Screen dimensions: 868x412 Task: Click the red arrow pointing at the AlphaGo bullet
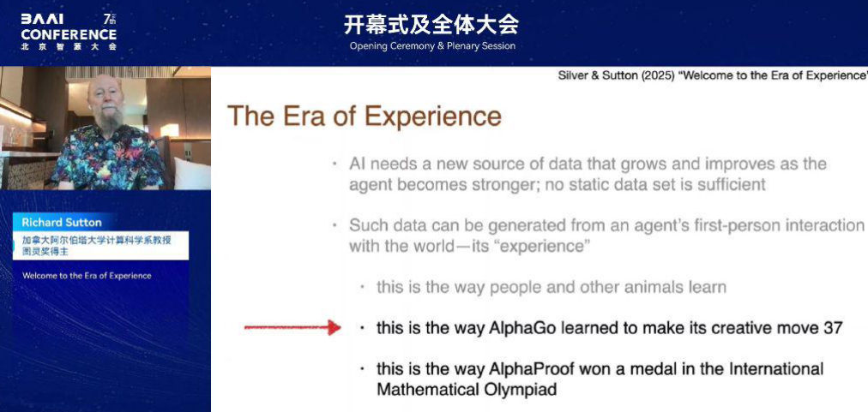pyautogui.click(x=292, y=327)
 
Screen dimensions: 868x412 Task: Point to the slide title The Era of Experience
pyautogui.click(x=365, y=116)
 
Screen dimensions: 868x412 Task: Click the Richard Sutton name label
pyautogui.click(x=62, y=223)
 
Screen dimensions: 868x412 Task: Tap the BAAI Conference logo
pyautogui.click(x=69, y=32)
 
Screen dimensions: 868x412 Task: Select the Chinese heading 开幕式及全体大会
pyautogui.click(x=431, y=24)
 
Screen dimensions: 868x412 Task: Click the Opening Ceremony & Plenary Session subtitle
pyautogui.click(x=432, y=46)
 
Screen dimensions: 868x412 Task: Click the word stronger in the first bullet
pyautogui.click(x=505, y=185)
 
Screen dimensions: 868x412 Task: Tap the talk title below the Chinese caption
pyautogui.click(x=87, y=276)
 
